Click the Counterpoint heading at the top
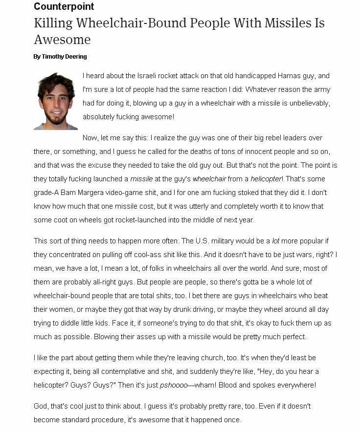click(x=64, y=6)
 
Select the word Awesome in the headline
click(x=62, y=39)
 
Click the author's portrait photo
click(x=56, y=101)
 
